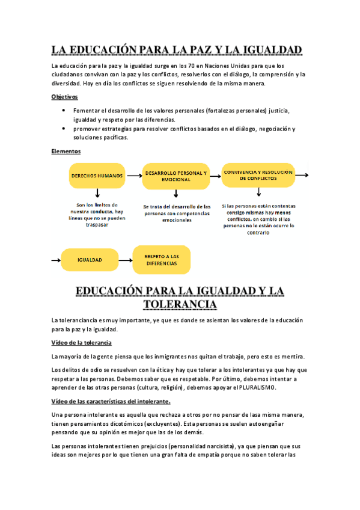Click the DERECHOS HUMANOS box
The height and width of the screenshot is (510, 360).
[x=97, y=176]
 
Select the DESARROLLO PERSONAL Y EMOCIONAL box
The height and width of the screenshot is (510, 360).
[x=176, y=176]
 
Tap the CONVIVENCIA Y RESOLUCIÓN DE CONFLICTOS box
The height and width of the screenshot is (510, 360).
[x=258, y=175]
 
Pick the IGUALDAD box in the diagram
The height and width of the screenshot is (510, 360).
[x=90, y=260]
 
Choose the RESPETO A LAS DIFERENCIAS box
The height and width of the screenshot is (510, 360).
[x=161, y=260]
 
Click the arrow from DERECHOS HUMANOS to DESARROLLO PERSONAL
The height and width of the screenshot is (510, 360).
[x=133, y=176]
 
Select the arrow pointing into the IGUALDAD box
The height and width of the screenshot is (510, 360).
[x=56, y=260]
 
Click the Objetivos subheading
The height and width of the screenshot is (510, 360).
[x=64, y=96]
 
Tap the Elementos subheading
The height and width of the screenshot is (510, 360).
[x=66, y=152]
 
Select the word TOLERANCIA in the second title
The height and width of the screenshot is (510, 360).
[x=180, y=305]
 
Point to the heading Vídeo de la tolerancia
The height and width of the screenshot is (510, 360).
[x=81, y=342]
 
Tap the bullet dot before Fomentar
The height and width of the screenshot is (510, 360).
[x=64, y=111]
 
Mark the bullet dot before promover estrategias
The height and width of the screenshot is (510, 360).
[x=64, y=129]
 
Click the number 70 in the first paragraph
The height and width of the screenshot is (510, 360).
[x=186, y=65]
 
